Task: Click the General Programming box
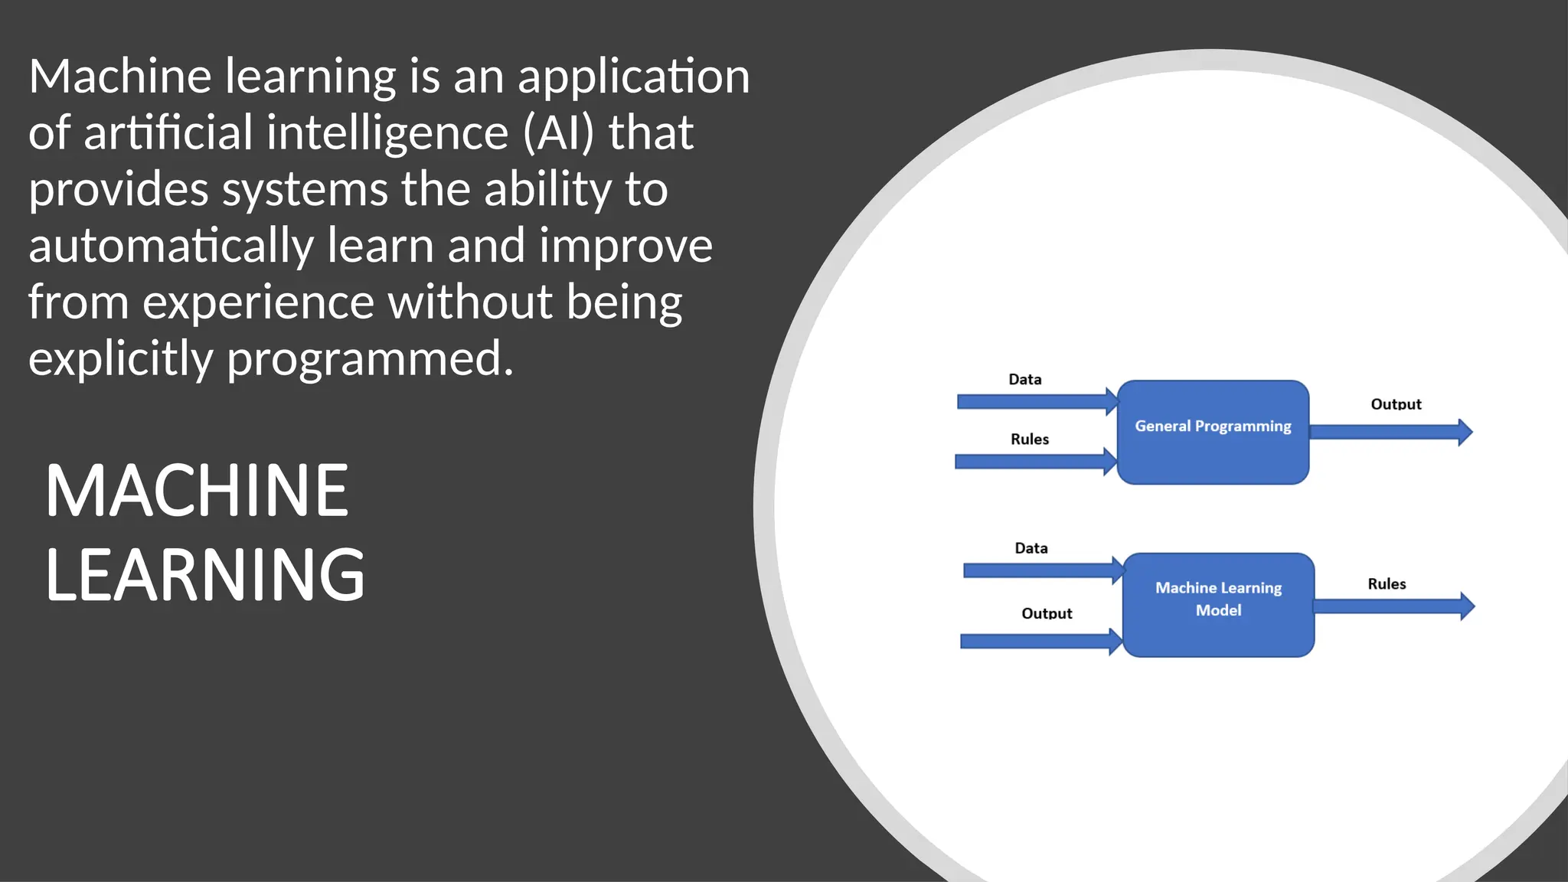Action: (x=1213, y=432)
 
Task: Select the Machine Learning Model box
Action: (x=1218, y=605)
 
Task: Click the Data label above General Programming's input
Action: (x=1025, y=380)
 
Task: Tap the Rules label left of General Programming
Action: (x=1030, y=439)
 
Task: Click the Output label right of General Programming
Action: (x=1396, y=404)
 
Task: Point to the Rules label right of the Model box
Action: (x=1387, y=584)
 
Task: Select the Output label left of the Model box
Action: (x=1047, y=613)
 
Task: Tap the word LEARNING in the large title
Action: (x=205, y=575)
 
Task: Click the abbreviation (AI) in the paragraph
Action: (x=559, y=132)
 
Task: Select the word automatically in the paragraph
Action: (x=171, y=246)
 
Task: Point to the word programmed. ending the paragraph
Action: (x=370, y=358)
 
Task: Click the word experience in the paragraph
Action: (x=258, y=302)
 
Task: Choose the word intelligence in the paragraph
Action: (x=387, y=132)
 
